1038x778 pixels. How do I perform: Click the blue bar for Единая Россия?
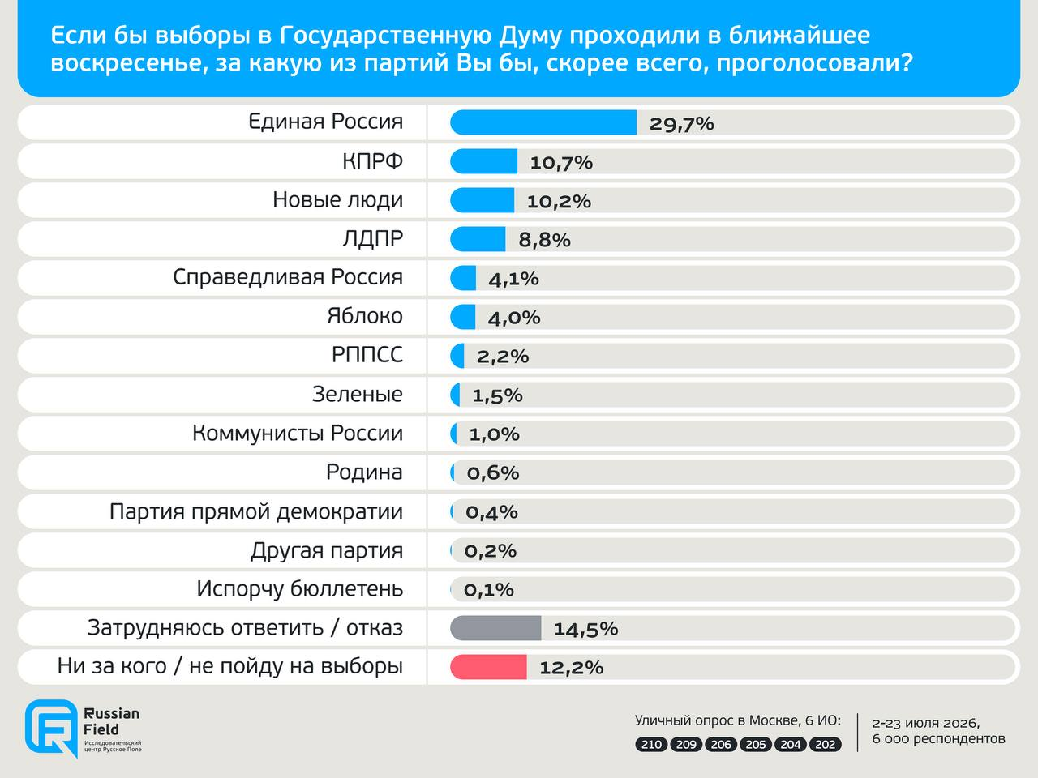[x=543, y=122]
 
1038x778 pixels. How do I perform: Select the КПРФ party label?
[x=373, y=161]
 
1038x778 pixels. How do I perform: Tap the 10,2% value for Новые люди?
[x=559, y=202]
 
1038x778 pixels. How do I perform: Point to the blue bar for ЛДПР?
[x=478, y=239]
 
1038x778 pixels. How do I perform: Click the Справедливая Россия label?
[x=288, y=277]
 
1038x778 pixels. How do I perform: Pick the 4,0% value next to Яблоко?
[x=514, y=318]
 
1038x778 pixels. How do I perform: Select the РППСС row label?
[x=367, y=355]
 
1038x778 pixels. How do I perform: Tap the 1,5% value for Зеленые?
[x=497, y=395]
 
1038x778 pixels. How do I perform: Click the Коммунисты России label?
[x=298, y=433]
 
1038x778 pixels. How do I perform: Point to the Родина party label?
[x=364, y=472]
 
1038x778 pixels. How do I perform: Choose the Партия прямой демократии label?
[x=255, y=511]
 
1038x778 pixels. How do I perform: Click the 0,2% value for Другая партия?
[x=491, y=551]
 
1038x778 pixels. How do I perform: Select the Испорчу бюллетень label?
[x=300, y=589]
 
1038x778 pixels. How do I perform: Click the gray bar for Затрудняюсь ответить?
[x=495, y=628]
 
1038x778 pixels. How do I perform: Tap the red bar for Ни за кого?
[x=488, y=667]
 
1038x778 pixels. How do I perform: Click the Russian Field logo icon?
[x=51, y=728]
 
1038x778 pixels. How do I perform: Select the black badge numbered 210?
[x=651, y=745]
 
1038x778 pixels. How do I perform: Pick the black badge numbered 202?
[x=826, y=745]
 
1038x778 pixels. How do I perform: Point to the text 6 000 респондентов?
[x=938, y=739]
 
